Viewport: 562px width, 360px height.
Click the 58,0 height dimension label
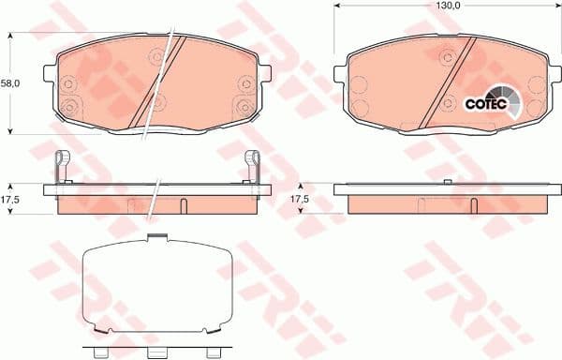click(x=11, y=83)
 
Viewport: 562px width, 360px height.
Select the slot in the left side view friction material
click(x=185, y=205)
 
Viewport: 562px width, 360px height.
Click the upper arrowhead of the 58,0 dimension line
click(x=11, y=34)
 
